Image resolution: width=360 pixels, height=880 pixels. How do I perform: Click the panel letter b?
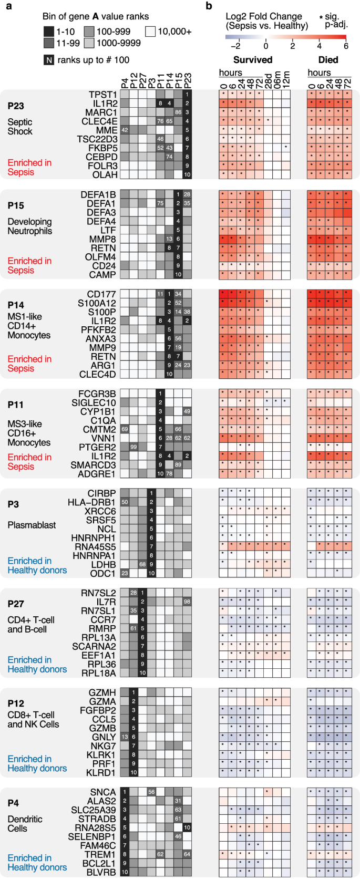(209, 6)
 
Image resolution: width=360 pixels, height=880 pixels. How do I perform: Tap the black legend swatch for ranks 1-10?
(48, 32)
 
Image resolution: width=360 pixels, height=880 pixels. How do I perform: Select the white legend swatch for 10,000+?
(150, 32)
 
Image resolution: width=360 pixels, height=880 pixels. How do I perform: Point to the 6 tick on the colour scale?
(346, 46)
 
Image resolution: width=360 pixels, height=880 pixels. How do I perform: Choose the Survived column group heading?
(253, 60)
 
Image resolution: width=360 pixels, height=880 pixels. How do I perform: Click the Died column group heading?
(328, 60)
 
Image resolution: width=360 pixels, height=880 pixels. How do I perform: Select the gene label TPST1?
(102, 95)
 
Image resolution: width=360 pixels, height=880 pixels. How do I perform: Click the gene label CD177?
(102, 294)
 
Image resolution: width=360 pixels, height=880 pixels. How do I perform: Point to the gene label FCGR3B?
(97, 394)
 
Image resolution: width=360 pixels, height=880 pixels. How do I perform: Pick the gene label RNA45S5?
(95, 547)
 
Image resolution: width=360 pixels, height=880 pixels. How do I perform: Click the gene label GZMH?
(102, 692)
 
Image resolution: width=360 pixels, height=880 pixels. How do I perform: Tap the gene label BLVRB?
(101, 872)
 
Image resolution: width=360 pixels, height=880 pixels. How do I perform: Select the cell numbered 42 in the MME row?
(125, 130)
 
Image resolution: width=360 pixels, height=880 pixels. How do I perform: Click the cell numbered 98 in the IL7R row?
(187, 602)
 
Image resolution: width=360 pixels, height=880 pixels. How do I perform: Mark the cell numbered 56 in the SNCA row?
(151, 792)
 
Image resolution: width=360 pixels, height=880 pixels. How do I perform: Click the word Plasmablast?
(32, 525)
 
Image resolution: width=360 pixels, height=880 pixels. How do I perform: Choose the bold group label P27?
(16, 604)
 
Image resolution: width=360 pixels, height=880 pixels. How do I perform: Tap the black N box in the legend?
(49, 60)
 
